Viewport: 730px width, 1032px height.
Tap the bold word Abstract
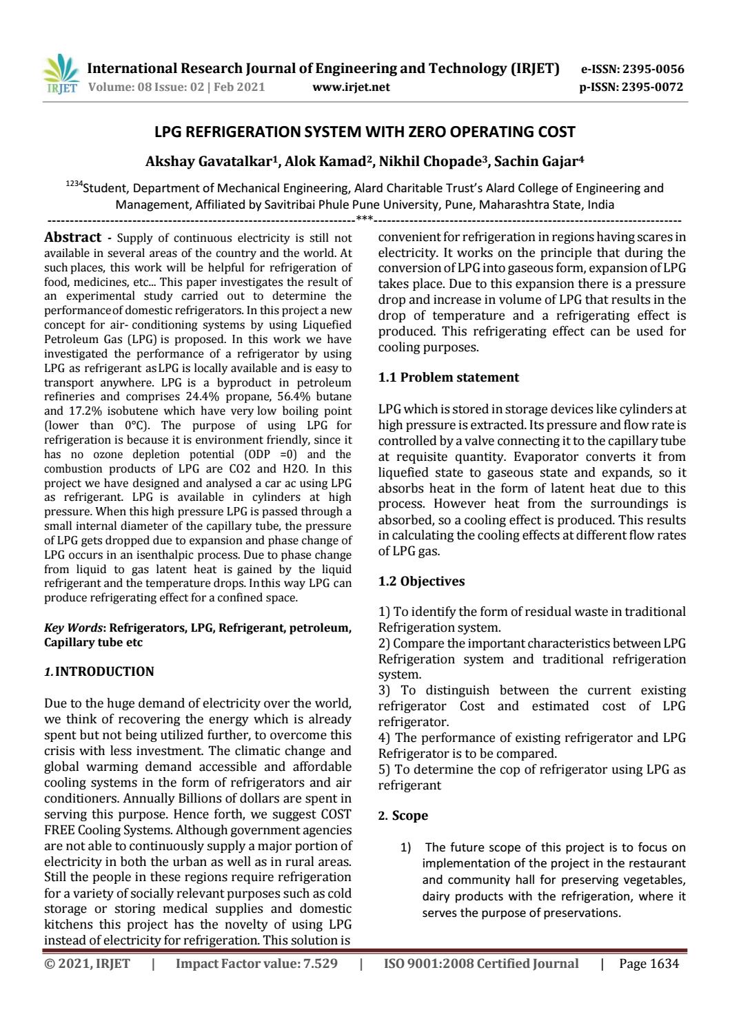coord(72,238)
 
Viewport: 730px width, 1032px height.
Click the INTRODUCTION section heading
coord(104,672)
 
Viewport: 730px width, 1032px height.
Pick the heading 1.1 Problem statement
coord(449,378)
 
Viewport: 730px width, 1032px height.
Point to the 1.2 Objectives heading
coord(422,581)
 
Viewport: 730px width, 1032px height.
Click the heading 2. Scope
coord(404,816)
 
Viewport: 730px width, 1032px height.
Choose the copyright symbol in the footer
coord(50,964)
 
